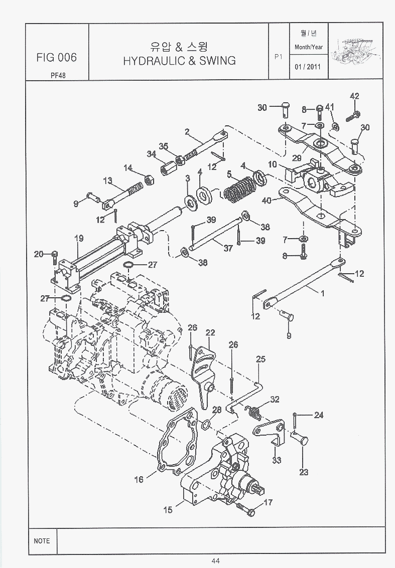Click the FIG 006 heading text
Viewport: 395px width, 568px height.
pos(56,58)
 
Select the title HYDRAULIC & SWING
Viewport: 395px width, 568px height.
pos(179,61)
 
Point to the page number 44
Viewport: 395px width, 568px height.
pos(216,561)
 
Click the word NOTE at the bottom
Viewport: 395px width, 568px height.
pos(42,541)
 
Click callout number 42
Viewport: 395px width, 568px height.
pos(354,96)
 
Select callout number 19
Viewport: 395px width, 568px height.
pos(78,238)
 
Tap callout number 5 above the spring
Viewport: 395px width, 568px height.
pos(229,175)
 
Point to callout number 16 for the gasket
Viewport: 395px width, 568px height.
pos(139,479)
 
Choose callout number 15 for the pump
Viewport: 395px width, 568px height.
pos(168,510)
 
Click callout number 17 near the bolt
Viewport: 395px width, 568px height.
pos(268,502)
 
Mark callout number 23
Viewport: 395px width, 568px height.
pos(304,472)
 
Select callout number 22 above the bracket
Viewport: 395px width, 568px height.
pos(210,332)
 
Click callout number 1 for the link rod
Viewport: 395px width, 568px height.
pos(322,294)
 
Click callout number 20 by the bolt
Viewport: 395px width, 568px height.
pos(39,254)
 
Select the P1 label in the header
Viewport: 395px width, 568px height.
pos(279,57)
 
